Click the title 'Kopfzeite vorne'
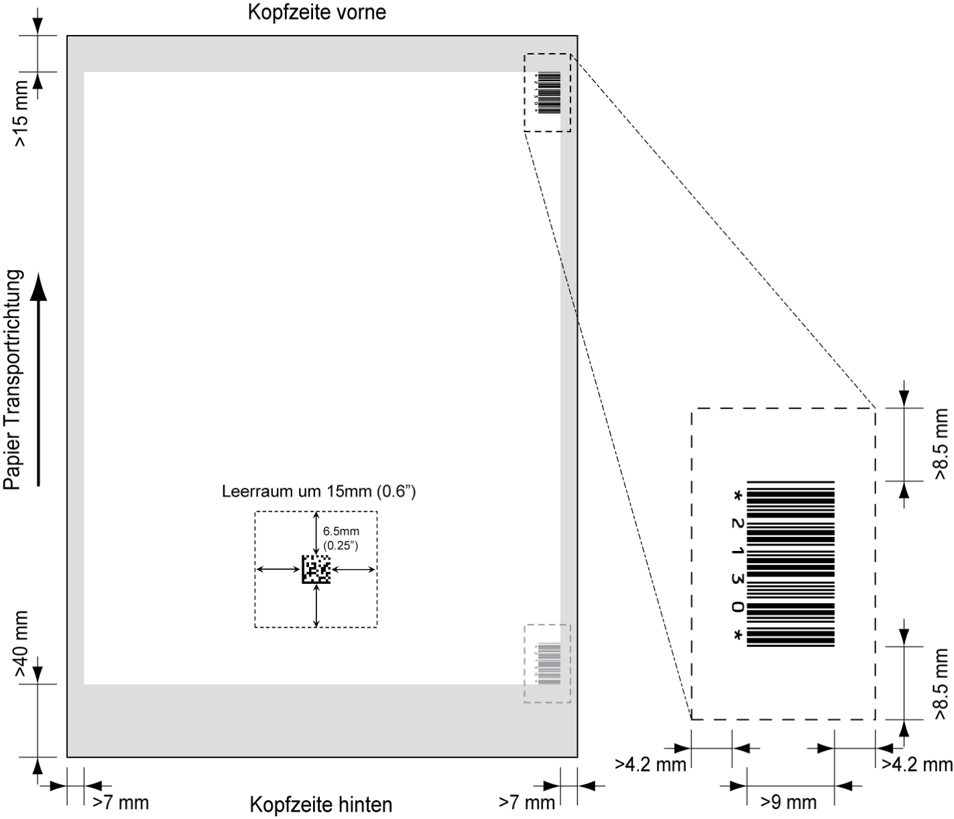coord(317,12)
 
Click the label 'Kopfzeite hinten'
coord(320,804)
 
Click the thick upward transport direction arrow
coord(39,380)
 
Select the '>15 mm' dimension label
coord(21,114)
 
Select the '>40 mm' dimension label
coord(21,644)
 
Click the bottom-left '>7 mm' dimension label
coord(120,802)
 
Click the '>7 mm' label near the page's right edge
coord(527,802)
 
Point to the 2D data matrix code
coord(316,570)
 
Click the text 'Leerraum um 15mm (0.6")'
coord(318,491)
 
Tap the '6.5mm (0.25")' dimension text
coord(341,538)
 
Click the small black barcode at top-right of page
coord(549,93)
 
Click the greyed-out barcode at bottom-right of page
coord(549,664)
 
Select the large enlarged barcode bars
coord(791,564)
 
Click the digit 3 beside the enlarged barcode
coord(737,580)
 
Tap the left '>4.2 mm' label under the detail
coord(650,765)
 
